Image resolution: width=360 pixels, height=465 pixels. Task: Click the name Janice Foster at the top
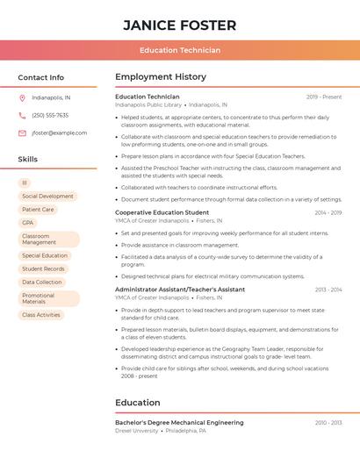[x=179, y=25]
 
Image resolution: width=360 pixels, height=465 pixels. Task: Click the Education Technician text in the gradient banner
[x=179, y=50]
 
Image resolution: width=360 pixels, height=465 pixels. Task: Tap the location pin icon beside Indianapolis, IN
[x=22, y=97]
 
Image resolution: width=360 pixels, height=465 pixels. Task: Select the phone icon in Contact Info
[x=22, y=115]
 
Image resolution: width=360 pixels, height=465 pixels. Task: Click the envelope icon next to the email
[x=22, y=132]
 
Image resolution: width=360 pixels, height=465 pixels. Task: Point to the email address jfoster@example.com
[x=59, y=132]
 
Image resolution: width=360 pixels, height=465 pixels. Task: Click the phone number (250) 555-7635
[x=50, y=115]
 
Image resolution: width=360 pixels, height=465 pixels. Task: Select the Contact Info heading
[x=40, y=77]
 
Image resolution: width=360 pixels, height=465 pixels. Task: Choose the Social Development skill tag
[x=47, y=197]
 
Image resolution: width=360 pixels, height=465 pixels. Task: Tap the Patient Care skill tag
[x=38, y=210]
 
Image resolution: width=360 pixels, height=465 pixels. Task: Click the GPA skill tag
[x=27, y=223]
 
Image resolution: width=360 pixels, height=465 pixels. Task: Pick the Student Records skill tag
[x=43, y=268]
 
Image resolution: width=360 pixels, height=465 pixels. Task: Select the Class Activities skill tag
[x=41, y=315]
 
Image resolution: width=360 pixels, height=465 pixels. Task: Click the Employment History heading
[x=161, y=77]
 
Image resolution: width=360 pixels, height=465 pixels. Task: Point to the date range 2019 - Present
[x=324, y=97]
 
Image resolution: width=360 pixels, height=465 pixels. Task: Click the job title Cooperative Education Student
[x=162, y=212]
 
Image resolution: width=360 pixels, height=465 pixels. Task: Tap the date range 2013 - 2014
[x=328, y=290]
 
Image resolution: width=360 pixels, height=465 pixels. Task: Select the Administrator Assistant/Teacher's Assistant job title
[x=180, y=290]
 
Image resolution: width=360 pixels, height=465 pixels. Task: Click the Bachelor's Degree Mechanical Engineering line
[x=179, y=423]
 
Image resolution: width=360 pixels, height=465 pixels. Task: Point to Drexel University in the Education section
[x=137, y=432]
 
